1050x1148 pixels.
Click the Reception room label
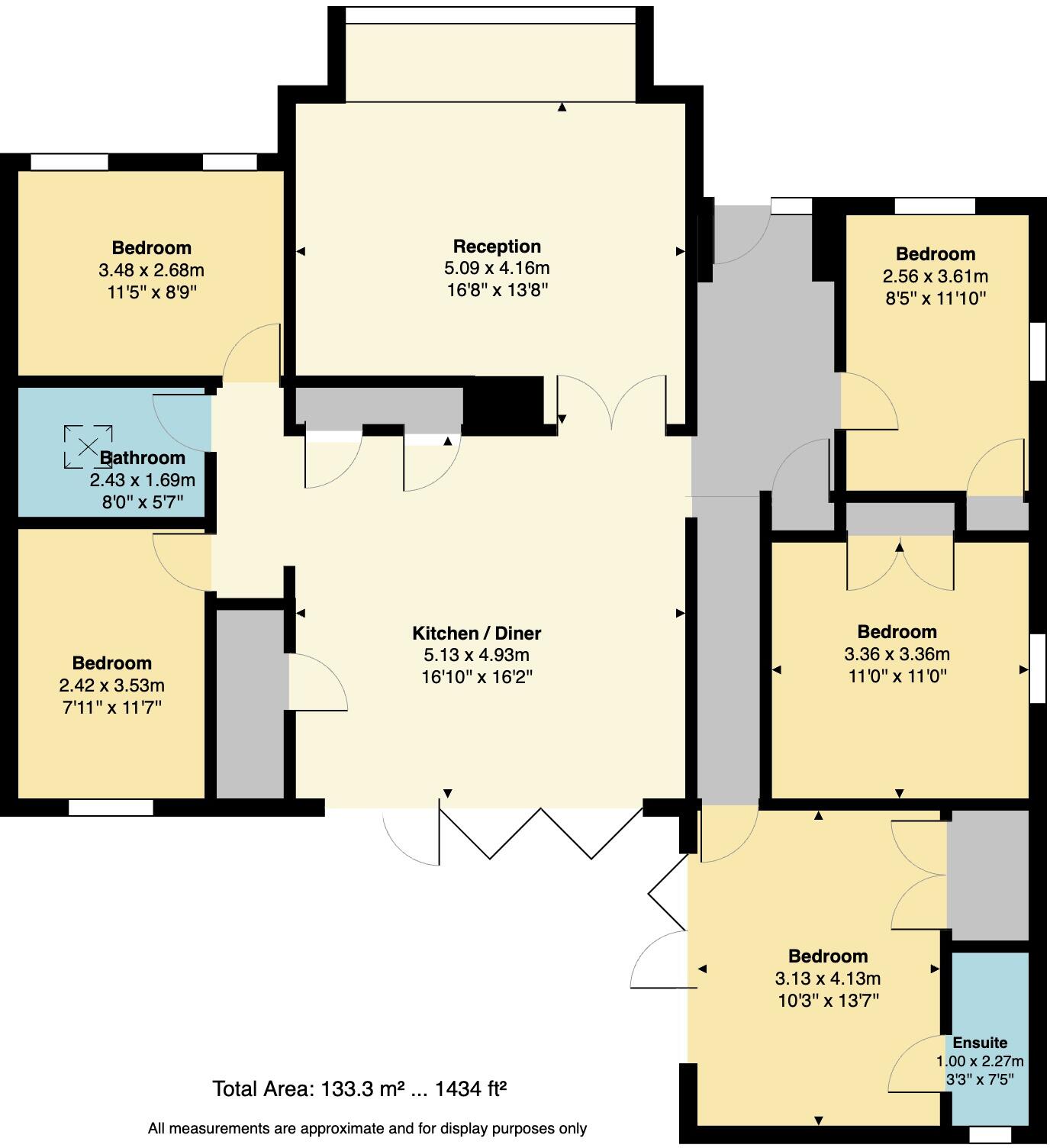tap(497, 247)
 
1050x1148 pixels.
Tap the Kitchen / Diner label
tap(476, 633)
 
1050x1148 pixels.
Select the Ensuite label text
tap(980, 1043)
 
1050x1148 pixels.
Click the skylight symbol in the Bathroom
tap(88, 446)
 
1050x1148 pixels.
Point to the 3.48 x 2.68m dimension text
tap(151, 270)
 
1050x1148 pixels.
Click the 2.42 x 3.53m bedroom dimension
tap(111, 685)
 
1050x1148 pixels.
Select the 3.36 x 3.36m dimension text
tap(897, 654)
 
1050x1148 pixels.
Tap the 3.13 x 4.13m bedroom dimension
tap(828, 979)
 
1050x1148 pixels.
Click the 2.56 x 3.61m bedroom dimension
tap(935, 276)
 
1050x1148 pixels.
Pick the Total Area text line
tap(359, 1088)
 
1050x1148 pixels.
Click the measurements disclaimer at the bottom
tap(367, 1128)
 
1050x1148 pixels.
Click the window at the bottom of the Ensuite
tap(990, 1135)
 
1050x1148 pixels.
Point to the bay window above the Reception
tap(491, 53)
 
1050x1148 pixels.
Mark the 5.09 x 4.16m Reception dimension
tap(497, 269)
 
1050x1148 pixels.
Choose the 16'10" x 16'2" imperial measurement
tap(476, 677)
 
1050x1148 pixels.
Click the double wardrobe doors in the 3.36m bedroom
tap(900, 563)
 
